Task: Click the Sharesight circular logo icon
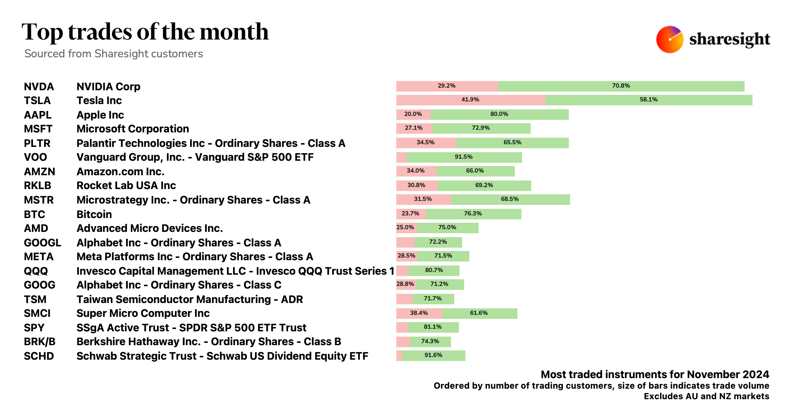tap(670, 40)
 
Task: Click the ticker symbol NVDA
tap(39, 87)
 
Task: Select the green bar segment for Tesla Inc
tap(649, 100)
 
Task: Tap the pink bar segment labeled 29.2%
tap(447, 86)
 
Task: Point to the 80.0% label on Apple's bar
tap(499, 114)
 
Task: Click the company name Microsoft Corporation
tap(133, 129)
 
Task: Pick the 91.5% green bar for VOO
tap(464, 157)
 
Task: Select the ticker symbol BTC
tap(34, 214)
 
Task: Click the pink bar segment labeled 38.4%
tap(419, 313)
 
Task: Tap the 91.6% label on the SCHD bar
tap(433, 355)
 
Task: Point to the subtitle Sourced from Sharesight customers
tap(114, 54)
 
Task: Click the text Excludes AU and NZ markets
tap(706, 396)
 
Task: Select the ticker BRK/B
tap(39, 342)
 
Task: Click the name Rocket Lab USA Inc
tap(126, 185)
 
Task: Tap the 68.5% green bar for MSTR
tap(510, 199)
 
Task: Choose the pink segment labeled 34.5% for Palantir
tap(426, 143)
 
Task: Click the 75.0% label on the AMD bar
tap(447, 228)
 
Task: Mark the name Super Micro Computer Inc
tap(143, 313)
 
